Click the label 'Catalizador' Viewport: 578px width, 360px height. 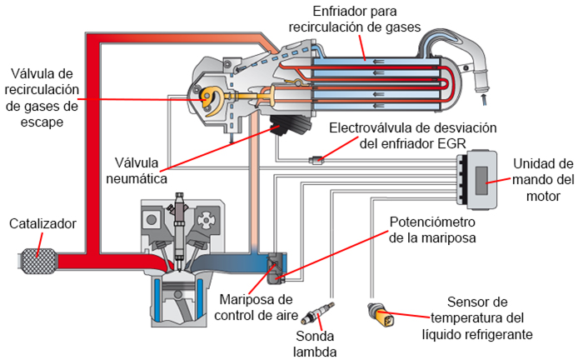pos(43,224)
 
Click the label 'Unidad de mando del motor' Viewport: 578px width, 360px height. pos(541,179)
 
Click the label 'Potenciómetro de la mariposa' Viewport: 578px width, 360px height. pos(434,230)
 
